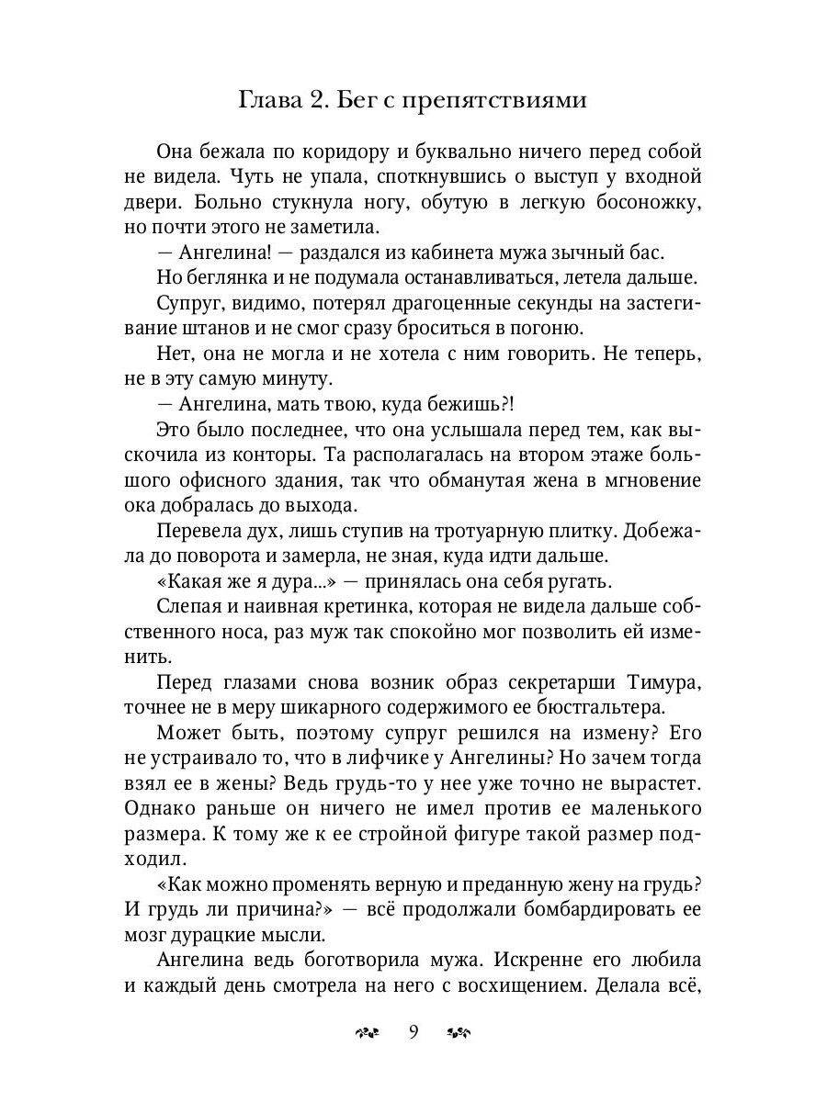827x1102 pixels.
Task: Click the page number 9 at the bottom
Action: (x=413, y=1031)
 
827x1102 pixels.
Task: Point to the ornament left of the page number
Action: (x=367, y=1032)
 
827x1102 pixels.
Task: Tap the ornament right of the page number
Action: (x=459, y=1032)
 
